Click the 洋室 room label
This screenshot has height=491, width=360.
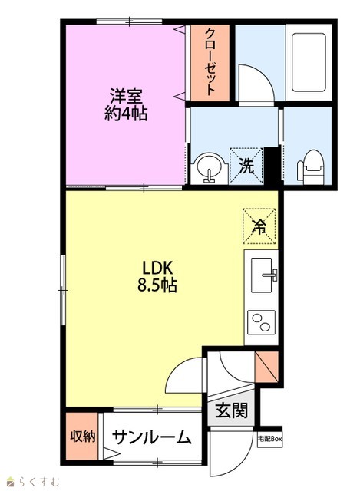click(126, 96)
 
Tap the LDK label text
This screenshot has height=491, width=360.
click(157, 268)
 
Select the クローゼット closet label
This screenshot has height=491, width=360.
click(210, 61)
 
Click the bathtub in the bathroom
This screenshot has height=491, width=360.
click(309, 62)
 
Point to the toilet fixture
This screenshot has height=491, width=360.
click(310, 167)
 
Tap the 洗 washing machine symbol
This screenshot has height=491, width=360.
click(246, 166)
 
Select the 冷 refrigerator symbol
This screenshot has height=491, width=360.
click(259, 226)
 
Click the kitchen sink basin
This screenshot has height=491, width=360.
click(264, 275)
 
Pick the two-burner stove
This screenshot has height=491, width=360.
click(261, 322)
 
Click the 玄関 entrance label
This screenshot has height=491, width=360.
click(232, 410)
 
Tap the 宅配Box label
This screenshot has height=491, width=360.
click(269, 439)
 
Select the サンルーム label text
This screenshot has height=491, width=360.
click(152, 437)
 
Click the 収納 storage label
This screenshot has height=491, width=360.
click(82, 436)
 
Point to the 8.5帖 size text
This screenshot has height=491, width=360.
click(157, 285)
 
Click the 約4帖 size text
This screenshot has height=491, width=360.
click(126, 114)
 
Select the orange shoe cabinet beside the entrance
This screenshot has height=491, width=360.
click(266, 367)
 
